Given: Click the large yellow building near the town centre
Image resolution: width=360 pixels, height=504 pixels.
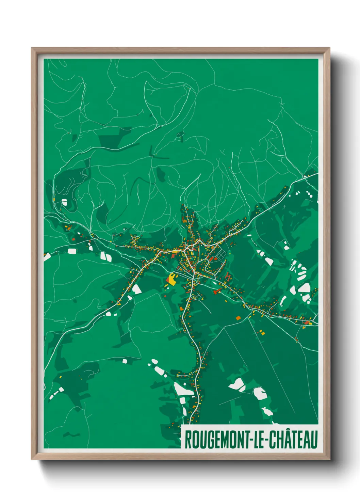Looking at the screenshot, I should pyautogui.click(x=171, y=279).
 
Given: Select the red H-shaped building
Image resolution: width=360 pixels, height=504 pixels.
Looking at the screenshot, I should pyautogui.click(x=227, y=277).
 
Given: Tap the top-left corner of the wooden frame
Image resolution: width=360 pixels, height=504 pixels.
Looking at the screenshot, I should pyautogui.click(x=32, y=48).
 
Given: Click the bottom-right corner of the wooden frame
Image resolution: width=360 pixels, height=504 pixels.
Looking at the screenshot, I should pyautogui.click(x=329, y=459).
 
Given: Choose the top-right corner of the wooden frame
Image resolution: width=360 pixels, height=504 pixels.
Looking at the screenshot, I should pyautogui.click(x=329, y=48).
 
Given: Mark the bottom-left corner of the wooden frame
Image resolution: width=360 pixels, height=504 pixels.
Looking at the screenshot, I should pyautogui.click(x=32, y=459).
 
